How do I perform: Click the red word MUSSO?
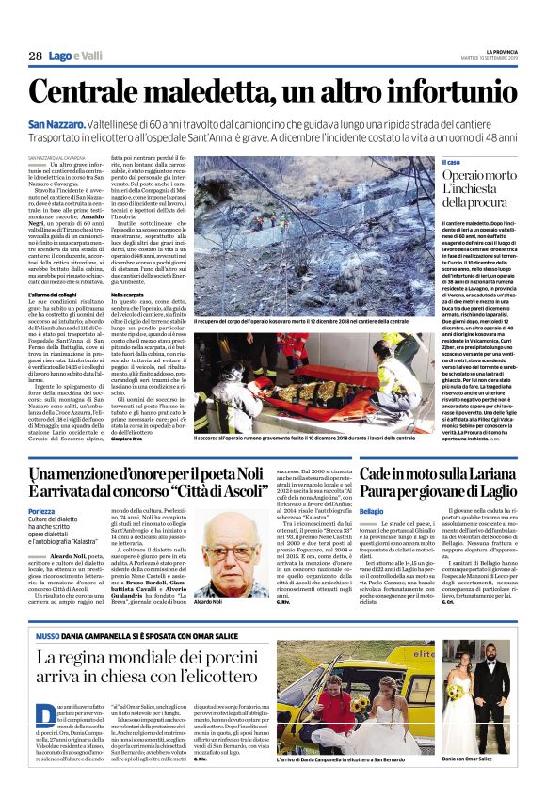click(x=48, y=609)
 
